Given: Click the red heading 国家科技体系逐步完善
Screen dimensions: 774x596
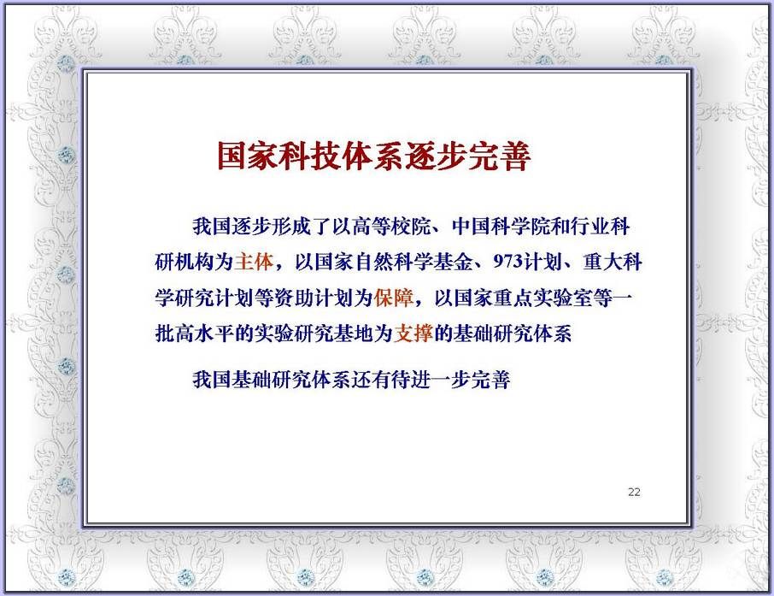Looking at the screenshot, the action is click(x=374, y=156).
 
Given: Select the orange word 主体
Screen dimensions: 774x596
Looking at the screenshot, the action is click(x=254, y=262).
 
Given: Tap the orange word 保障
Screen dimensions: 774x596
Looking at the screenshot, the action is click(x=394, y=298).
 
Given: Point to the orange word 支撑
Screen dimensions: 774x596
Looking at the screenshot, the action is click(x=413, y=333).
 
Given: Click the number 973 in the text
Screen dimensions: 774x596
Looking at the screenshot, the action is click(x=508, y=262).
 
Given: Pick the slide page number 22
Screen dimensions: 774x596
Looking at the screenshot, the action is click(x=634, y=492).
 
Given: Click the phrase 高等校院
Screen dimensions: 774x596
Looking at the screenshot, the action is click(x=391, y=227).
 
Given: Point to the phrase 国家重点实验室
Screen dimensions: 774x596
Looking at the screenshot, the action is click(x=523, y=298).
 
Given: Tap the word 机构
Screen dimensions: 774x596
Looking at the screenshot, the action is click(x=195, y=262).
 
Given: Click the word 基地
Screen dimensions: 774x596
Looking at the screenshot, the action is click(x=354, y=333).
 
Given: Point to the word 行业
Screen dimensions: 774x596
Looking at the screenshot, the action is click(x=589, y=227).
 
